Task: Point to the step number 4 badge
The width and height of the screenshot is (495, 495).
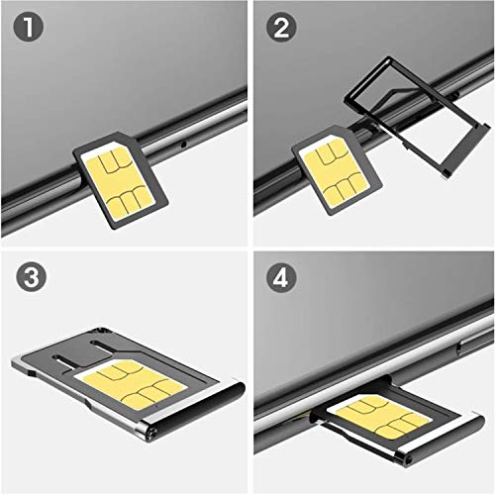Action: click(x=278, y=278)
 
